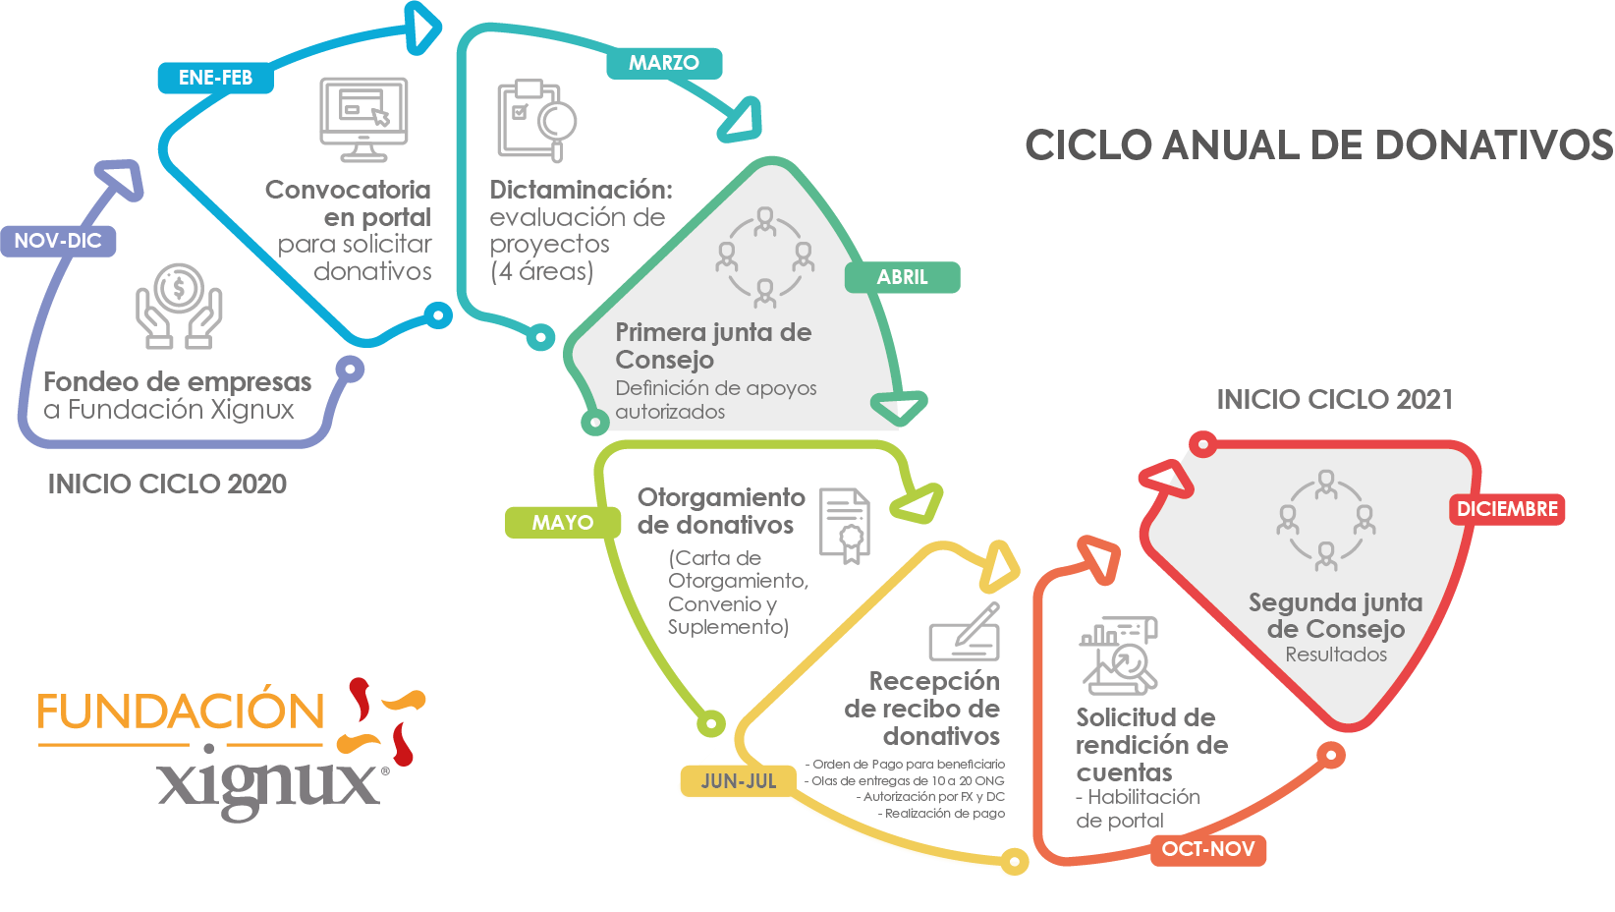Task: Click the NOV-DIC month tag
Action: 58,241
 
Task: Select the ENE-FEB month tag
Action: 215,78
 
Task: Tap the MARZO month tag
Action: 664,63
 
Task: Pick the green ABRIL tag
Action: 902,277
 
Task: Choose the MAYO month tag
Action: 562,523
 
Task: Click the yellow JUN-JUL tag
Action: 738,781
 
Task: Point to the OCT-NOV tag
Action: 1207,849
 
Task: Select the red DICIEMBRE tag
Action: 1507,509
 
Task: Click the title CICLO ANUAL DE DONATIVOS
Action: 1318,145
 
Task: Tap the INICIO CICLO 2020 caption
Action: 167,484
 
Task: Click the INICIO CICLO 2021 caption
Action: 1334,399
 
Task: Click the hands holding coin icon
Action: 179,306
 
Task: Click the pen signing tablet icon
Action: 965,632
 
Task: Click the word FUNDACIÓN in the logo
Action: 181,712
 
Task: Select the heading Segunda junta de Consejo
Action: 1335,615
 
